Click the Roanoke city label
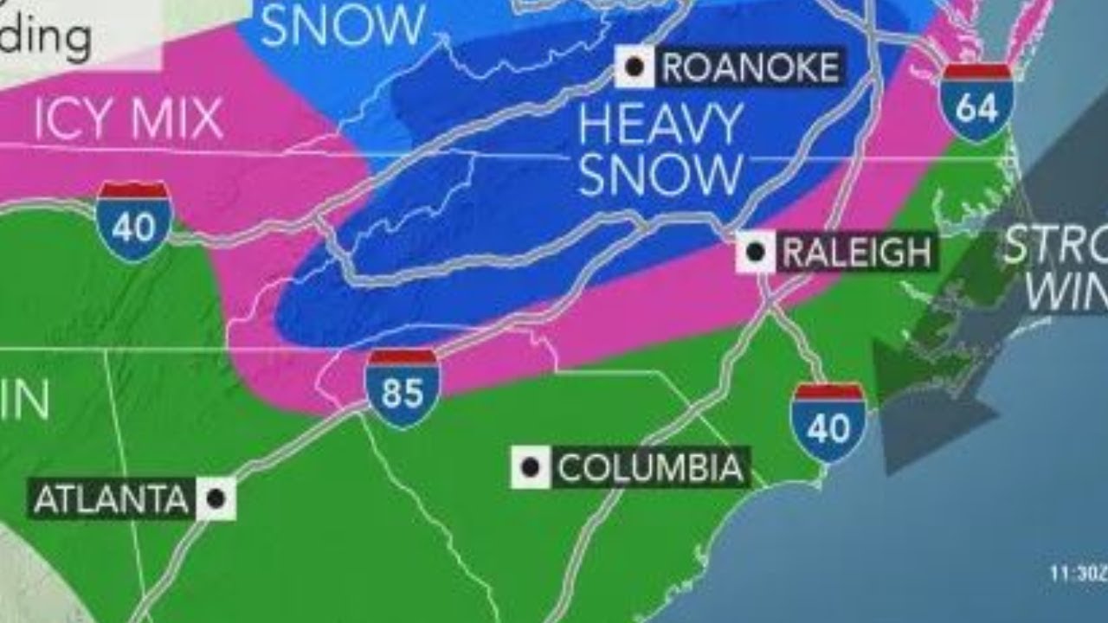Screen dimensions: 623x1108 coord(750,67)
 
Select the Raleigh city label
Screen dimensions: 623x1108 coord(855,253)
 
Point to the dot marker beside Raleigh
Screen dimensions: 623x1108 coord(757,253)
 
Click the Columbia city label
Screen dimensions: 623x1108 coord(650,468)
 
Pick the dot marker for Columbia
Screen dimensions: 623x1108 coord(530,468)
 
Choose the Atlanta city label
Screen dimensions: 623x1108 coord(110,499)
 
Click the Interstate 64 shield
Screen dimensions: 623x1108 coord(977,102)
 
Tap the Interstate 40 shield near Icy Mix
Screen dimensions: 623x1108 coord(134,222)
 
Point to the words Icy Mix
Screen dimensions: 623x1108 coord(128,119)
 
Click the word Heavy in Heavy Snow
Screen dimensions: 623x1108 coord(660,126)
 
